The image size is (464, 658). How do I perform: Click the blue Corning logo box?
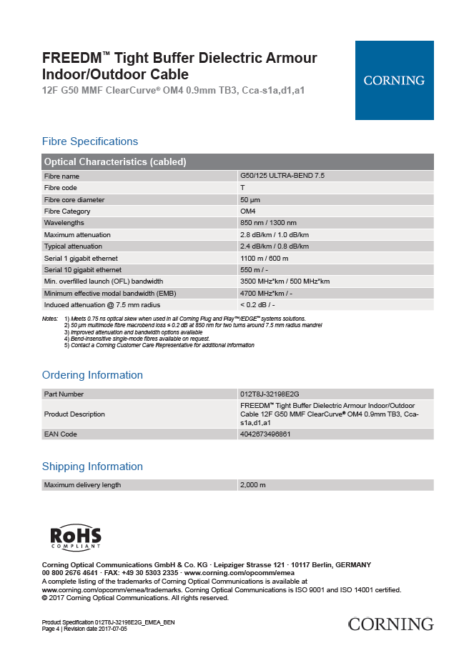[x=394, y=80]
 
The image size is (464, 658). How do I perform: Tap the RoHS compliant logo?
[x=76, y=538]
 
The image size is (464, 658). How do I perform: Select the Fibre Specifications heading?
[x=90, y=141]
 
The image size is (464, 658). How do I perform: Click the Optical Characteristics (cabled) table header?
[x=115, y=162]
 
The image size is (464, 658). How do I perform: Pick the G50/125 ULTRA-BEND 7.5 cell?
[x=283, y=176]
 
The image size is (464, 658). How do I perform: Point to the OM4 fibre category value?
[x=248, y=211]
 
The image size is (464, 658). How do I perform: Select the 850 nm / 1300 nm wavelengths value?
[x=268, y=223]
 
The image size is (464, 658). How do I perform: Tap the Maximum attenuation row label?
[x=77, y=234]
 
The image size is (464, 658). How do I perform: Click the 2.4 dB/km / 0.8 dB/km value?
[x=275, y=246]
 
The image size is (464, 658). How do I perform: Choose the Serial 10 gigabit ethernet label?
[x=82, y=270]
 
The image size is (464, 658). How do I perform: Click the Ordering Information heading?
[x=92, y=375]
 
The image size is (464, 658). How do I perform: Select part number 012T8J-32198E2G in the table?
[x=270, y=394]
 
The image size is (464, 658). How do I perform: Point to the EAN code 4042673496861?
[x=265, y=434]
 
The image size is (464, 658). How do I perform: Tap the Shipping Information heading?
[x=92, y=467]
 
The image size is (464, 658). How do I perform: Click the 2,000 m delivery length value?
[x=253, y=485]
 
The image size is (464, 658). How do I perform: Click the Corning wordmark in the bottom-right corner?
[x=390, y=624]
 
